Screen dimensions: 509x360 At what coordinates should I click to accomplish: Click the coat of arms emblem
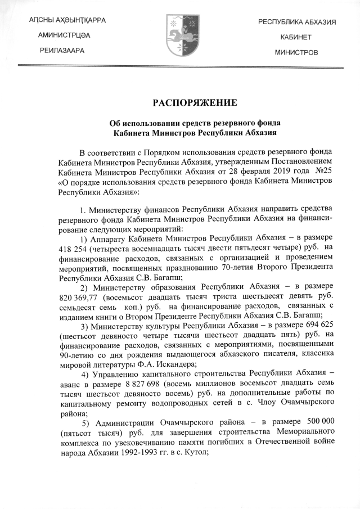179,35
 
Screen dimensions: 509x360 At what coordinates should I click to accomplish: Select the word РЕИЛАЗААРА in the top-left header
62,51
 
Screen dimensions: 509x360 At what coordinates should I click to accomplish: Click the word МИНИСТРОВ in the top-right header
296,52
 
